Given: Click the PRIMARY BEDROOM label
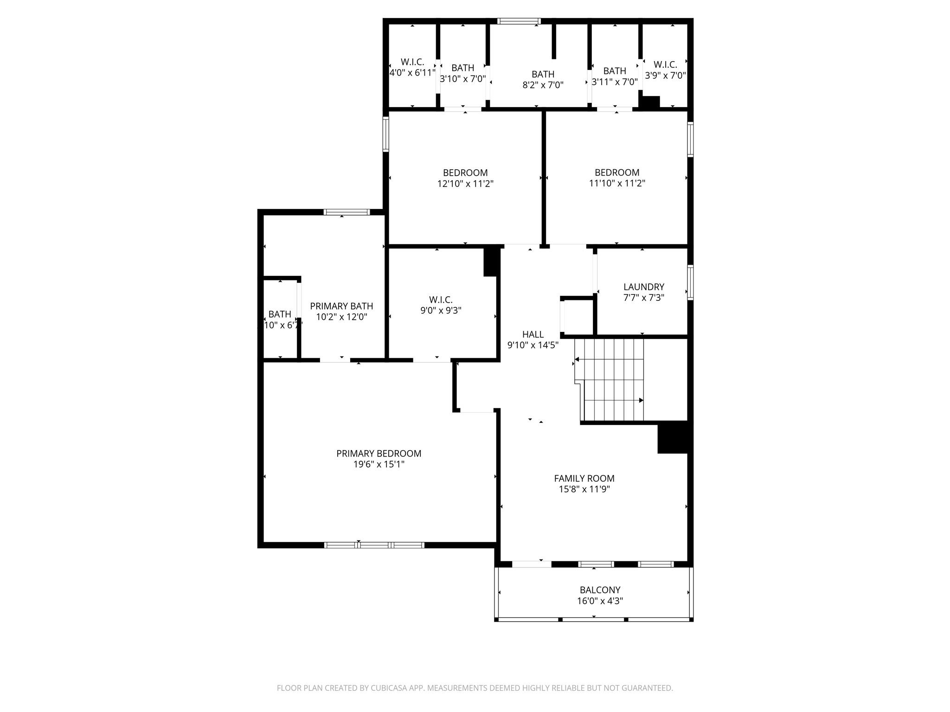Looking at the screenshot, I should [379, 454].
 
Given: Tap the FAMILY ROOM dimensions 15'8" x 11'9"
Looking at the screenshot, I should [584, 489].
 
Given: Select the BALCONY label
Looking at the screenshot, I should [600, 590].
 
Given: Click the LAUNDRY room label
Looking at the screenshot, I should [643, 287].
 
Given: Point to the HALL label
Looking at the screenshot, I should [533, 334].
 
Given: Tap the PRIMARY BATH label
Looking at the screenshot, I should [341, 306].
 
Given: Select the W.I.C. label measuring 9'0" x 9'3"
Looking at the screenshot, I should [441, 300].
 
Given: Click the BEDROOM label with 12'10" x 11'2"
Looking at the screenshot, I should [465, 173].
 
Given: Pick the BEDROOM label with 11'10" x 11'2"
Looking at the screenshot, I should [617, 172].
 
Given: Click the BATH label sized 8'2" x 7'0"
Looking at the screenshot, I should [543, 74].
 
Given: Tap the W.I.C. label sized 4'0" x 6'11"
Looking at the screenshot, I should [412, 62].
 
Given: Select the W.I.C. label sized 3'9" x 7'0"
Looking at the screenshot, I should [665, 65].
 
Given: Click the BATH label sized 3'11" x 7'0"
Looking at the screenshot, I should [615, 71].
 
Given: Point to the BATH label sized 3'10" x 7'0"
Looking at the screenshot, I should [462, 68].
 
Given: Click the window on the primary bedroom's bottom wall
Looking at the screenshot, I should [374, 545].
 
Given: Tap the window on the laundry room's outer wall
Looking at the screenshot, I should [690, 282].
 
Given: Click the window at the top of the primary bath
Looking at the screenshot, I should [347, 212].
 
